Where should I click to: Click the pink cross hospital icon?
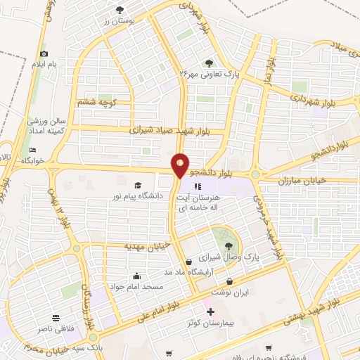[209, 311]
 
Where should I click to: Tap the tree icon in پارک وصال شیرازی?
[229, 245]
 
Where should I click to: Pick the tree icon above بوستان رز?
[120, 9]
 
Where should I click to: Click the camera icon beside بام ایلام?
[44, 53]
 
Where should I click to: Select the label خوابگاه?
[32, 160]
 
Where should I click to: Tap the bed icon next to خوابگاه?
[32, 150]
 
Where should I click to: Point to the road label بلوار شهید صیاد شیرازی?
[177, 130]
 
